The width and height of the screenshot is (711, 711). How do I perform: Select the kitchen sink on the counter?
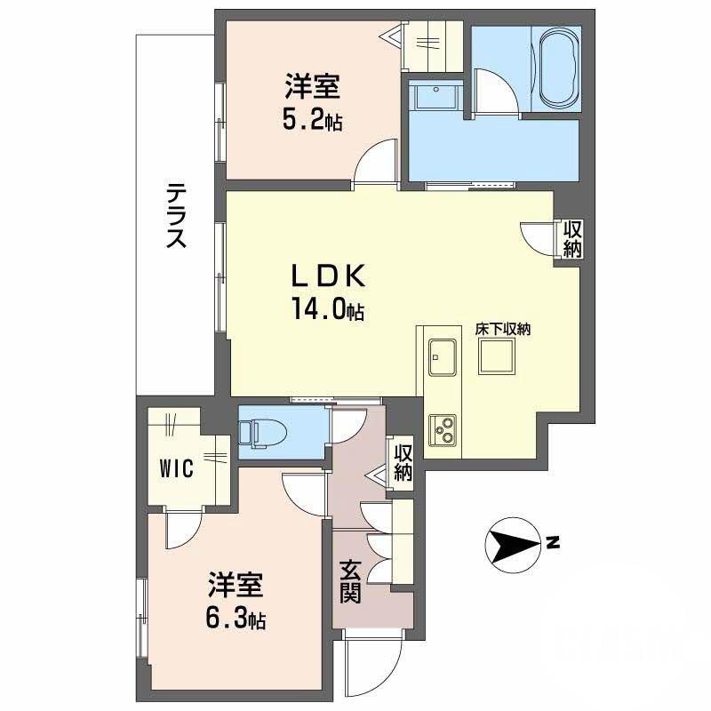tap(442, 358)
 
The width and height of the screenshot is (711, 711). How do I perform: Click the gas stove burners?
tap(442, 430)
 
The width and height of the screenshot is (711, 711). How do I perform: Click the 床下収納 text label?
tap(502, 328)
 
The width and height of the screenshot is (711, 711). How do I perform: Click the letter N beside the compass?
tap(553, 542)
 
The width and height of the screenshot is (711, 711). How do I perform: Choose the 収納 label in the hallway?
tap(403, 462)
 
